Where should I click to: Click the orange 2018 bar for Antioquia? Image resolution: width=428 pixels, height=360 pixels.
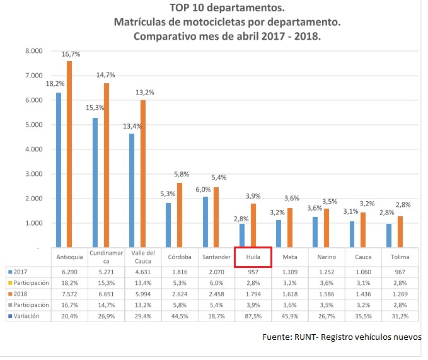click(69, 154)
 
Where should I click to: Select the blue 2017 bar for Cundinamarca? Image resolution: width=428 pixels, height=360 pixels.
click(95, 182)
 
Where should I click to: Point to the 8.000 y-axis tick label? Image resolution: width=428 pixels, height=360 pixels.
click(33, 50)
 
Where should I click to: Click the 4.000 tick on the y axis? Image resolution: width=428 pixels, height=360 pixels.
click(33, 149)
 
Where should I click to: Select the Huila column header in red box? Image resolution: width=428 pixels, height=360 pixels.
click(253, 257)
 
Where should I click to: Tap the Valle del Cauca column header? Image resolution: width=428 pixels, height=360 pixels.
click(142, 257)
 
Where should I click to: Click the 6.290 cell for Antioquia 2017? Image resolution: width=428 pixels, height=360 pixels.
click(69, 270)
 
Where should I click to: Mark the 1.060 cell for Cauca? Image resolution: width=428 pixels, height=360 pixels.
click(364, 270)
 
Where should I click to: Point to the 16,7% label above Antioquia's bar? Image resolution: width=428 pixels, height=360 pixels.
click(70, 55)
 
